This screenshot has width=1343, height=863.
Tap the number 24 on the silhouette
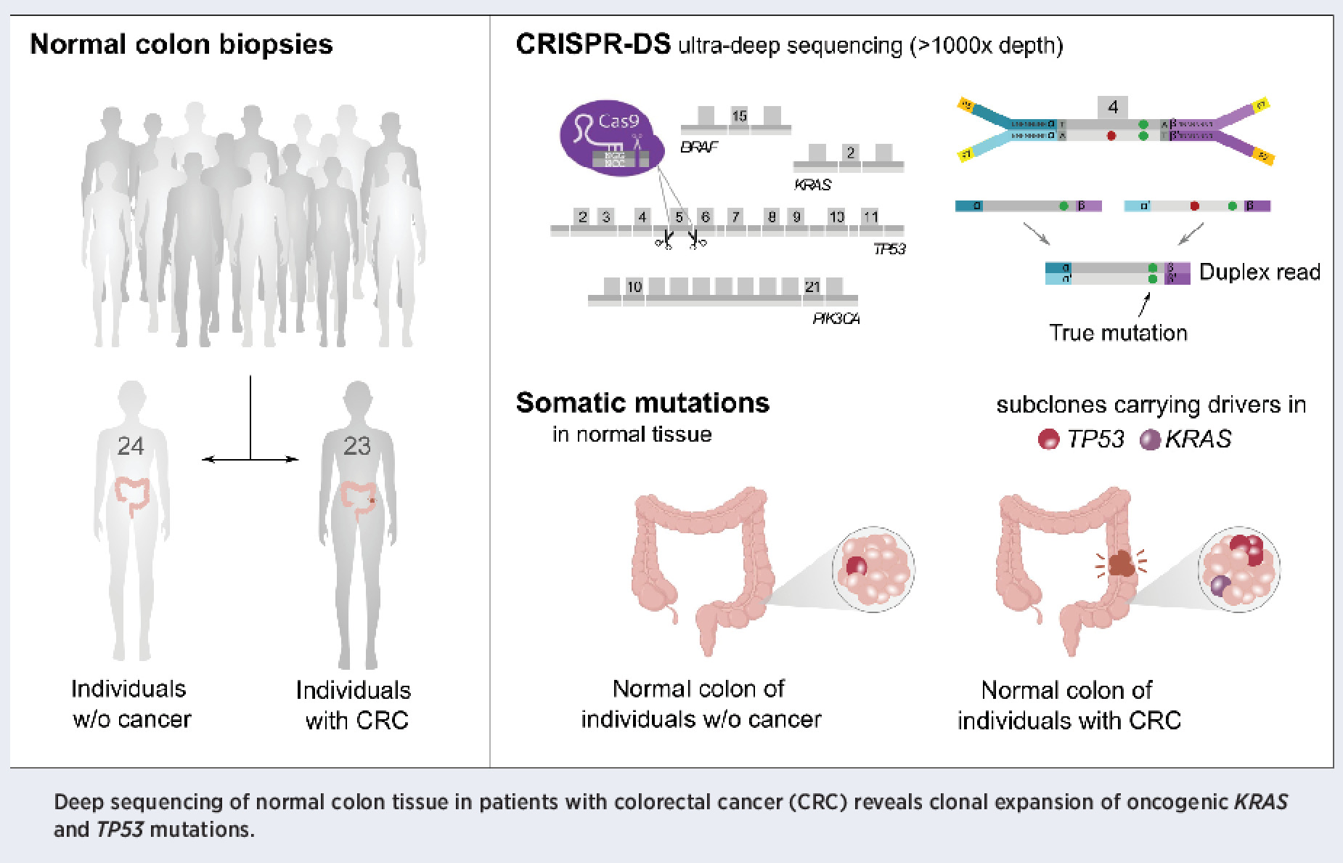pyautogui.click(x=131, y=445)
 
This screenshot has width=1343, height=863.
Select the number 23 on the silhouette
pyautogui.click(x=356, y=445)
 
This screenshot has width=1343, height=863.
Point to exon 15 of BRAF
pyautogui.click(x=739, y=116)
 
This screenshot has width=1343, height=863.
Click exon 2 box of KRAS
pyautogui.click(x=850, y=153)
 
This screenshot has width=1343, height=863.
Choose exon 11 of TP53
pyautogui.click(x=870, y=216)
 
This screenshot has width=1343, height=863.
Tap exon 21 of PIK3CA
pyautogui.click(x=812, y=287)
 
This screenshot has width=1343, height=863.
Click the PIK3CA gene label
pyautogui.click(x=836, y=318)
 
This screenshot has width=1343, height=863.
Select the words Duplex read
pyautogui.click(x=1259, y=272)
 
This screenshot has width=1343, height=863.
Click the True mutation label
pyautogui.click(x=1118, y=333)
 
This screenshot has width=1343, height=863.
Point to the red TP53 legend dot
pyautogui.click(x=1048, y=439)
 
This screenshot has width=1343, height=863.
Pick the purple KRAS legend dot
pyautogui.click(x=1149, y=439)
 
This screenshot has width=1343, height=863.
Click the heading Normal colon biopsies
pyautogui.click(x=181, y=45)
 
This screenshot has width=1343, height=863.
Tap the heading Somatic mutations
pyautogui.click(x=642, y=402)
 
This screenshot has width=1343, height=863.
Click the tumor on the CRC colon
pyautogui.click(x=1122, y=562)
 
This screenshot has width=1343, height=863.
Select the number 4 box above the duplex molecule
pyautogui.click(x=1113, y=108)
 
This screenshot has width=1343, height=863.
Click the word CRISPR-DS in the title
pyautogui.click(x=592, y=45)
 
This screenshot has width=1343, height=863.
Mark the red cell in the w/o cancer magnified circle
pyautogui.click(x=857, y=566)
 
